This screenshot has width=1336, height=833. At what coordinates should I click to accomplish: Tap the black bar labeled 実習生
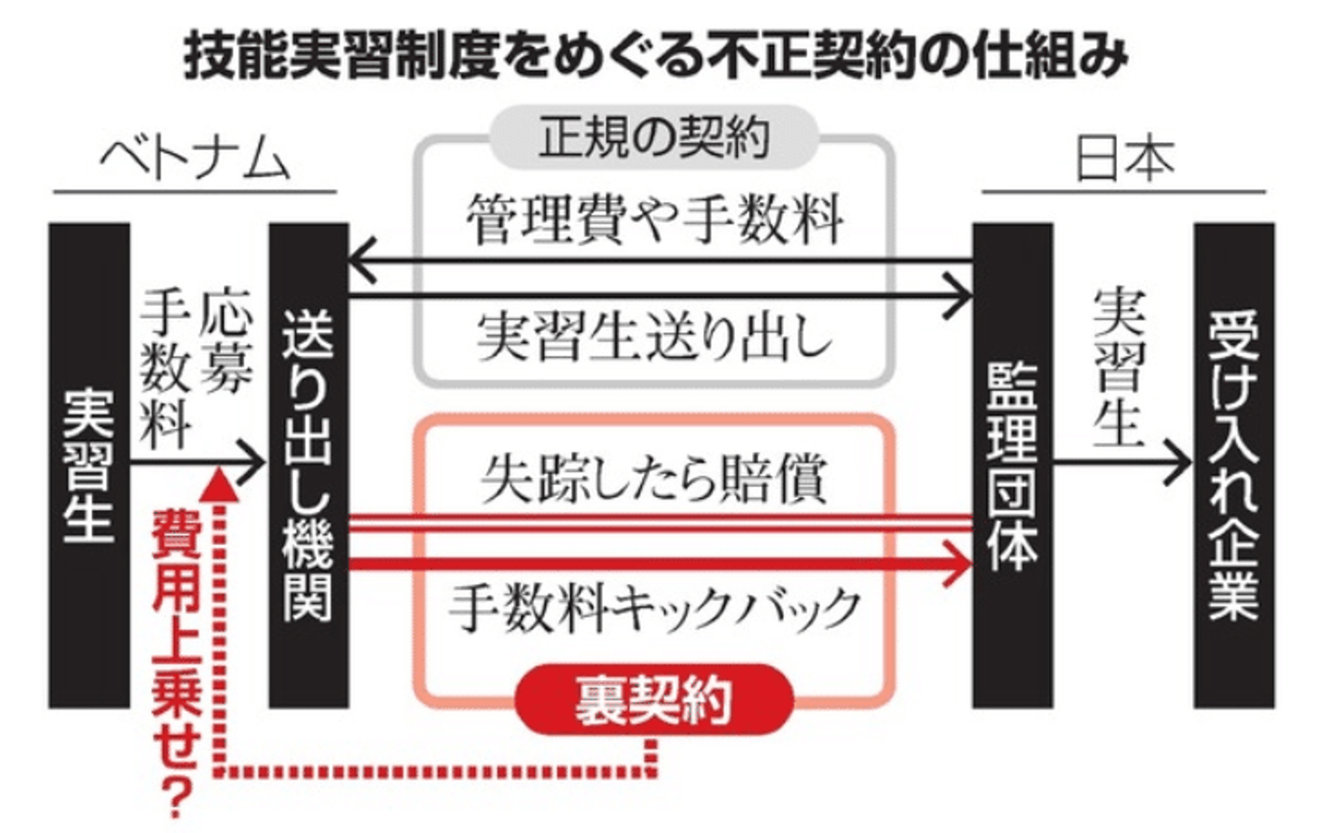pyautogui.click(x=89, y=466)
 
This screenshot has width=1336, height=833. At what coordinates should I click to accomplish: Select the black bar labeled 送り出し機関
pyautogui.click(x=309, y=466)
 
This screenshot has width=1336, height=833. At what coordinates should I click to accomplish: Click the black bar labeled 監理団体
pyautogui.click(x=1013, y=466)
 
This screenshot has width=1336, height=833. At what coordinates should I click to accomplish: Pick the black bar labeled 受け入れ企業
pyautogui.click(x=1234, y=466)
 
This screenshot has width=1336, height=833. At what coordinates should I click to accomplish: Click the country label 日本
pyautogui.click(x=1124, y=161)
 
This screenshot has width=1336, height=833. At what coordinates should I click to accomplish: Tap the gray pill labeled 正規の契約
pyautogui.click(x=654, y=137)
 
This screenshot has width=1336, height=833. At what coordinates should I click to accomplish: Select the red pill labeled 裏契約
pyautogui.click(x=654, y=698)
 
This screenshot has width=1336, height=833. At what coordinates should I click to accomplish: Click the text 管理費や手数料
pyautogui.click(x=654, y=220)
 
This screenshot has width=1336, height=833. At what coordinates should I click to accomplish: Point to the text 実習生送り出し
pyautogui.click(x=654, y=337)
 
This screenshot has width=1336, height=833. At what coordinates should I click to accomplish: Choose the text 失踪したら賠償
pyautogui.click(x=654, y=479)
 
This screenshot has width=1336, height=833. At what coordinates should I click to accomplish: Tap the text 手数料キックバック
pyautogui.click(x=654, y=609)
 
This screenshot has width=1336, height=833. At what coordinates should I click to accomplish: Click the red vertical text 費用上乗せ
pyautogui.click(x=176, y=638)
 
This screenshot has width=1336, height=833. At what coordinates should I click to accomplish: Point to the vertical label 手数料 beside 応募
pyautogui.click(x=166, y=370)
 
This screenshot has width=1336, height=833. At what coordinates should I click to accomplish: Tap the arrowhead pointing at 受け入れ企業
pyautogui.click(x=1177, y=462)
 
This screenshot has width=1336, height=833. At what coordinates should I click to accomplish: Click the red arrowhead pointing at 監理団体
pyautogui.click(x=957, y=563)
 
